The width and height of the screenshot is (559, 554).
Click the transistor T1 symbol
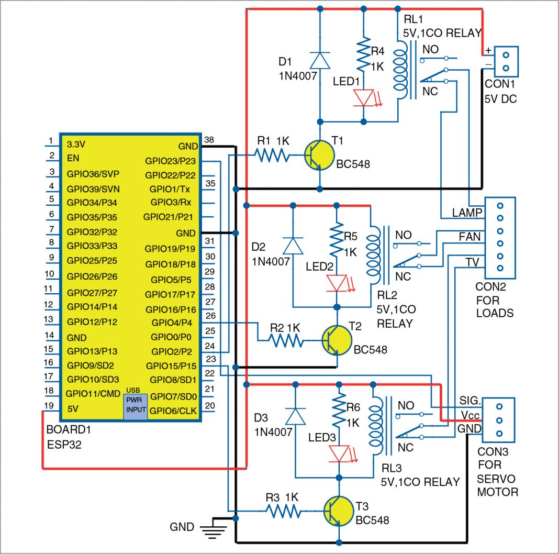click(x=319, y=155)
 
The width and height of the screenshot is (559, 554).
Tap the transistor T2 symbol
click(x=337, y=341)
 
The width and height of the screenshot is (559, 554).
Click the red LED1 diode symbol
click(x=363, y=98)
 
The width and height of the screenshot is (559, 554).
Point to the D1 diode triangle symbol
click(x=319, y=60)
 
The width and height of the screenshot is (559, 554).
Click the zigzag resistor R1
click(x=271, y=155)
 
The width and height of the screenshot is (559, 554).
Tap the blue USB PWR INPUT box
click(x=135, y=404)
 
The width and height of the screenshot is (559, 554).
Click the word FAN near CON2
click(x=469, y=237)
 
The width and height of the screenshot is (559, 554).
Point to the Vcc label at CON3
click(x=469, y=414)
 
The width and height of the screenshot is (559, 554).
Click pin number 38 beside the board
click(x=209, y=140)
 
